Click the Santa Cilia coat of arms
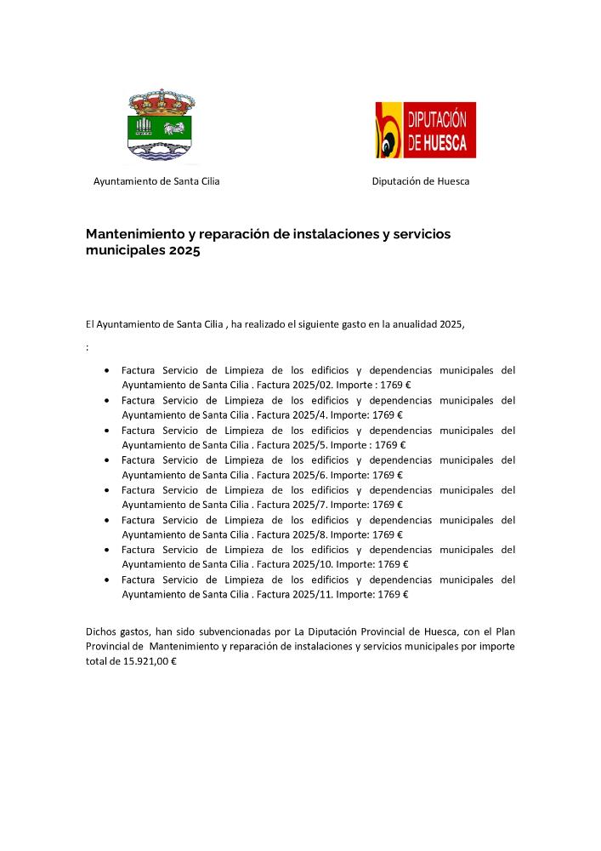[160, 125]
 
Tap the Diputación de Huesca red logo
[426, 130]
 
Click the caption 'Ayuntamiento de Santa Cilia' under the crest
[156, 181]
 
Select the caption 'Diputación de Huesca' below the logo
[421, 181]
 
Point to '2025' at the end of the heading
[184, 252]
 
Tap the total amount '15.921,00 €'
[150, 661]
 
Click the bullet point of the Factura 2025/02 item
[106, 371]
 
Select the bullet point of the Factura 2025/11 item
[106, 580]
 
